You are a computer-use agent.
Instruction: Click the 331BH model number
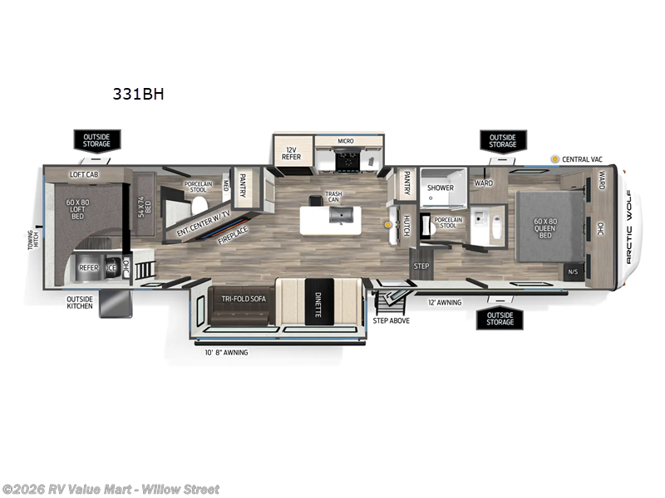138,95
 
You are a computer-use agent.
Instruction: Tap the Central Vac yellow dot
554,159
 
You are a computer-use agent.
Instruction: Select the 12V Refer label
291,152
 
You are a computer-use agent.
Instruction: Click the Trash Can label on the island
333,197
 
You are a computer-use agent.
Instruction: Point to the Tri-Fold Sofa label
243,298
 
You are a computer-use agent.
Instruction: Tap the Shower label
440,188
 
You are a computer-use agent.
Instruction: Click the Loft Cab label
86,174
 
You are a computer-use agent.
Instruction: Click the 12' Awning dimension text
445,303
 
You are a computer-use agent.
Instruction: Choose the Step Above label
391,320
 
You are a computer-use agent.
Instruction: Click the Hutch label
406,225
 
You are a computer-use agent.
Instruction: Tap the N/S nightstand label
573,271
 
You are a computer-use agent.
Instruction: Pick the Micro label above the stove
345,141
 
